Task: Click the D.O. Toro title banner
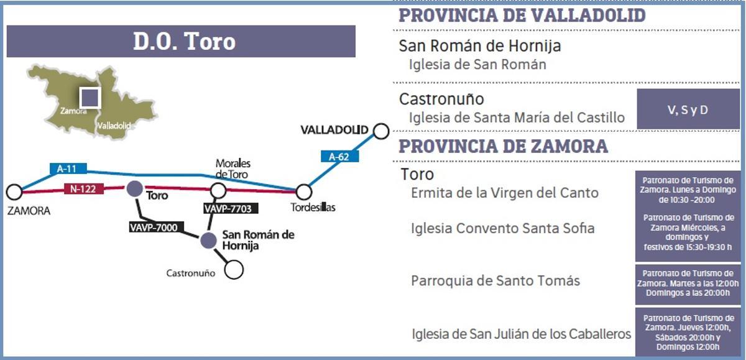(180, 42)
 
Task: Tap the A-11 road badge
(68, 168)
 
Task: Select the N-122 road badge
(83, 189)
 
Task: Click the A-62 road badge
(339, 157)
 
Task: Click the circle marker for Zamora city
(14, 192)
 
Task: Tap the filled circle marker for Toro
(134, 189)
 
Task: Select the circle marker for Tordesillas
(303, 192)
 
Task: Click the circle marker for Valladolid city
(381, 131)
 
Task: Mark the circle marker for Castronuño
(234, 269)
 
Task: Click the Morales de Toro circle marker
(218, 190)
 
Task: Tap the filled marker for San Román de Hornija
(208, 240)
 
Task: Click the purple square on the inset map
(90, 98)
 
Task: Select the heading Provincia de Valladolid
(522, 16)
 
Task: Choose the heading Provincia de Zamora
(503, 146)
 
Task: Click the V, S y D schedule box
(688, 109)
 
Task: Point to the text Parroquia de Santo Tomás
(495, 280)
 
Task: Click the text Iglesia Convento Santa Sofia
(502, 228)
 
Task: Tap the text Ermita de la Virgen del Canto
(505, 193)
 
